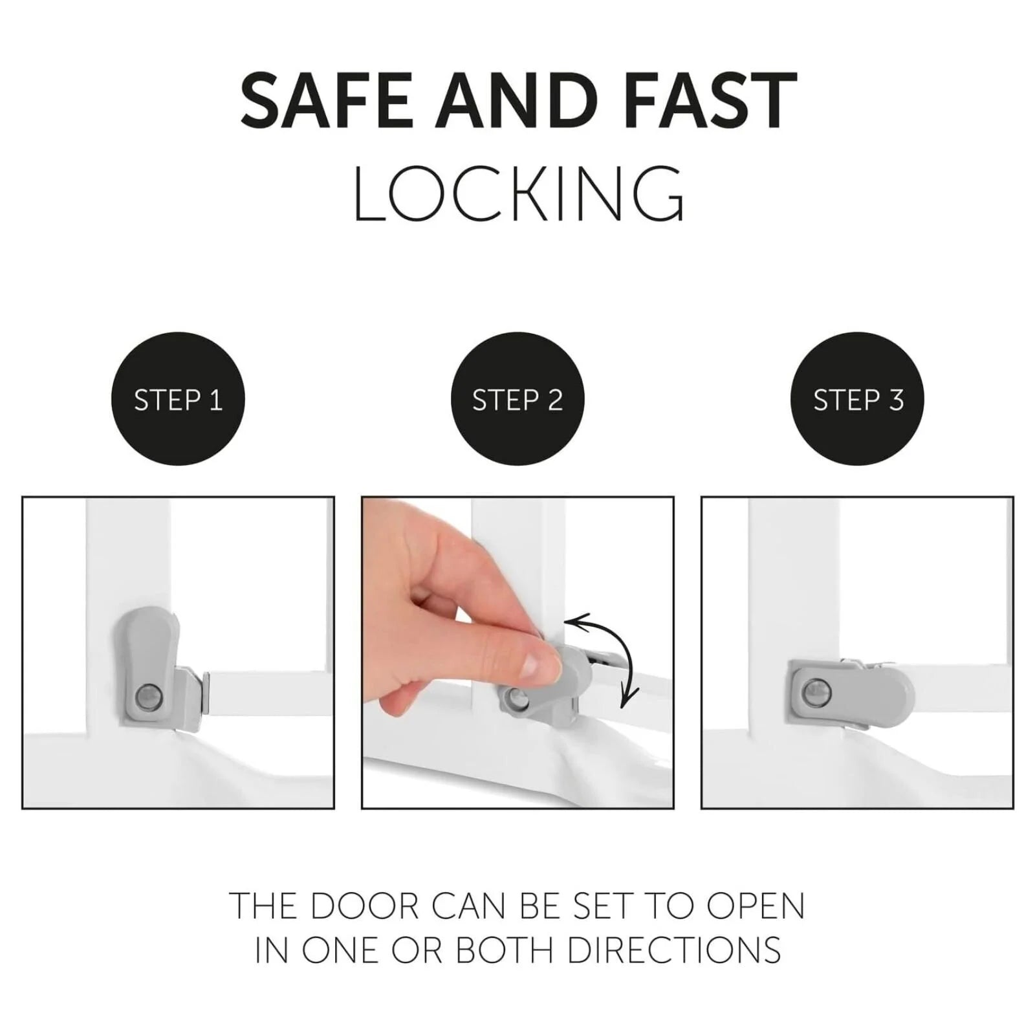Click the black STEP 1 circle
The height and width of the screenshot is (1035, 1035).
[179, 398]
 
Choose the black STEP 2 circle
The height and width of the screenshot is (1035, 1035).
[517, 398]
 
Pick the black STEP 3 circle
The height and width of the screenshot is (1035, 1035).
[858, 398]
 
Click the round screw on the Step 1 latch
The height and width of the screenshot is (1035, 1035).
[144, 697]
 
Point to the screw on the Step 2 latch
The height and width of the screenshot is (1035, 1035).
[516, 697]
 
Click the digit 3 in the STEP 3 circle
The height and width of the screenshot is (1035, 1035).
[896, 400]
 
